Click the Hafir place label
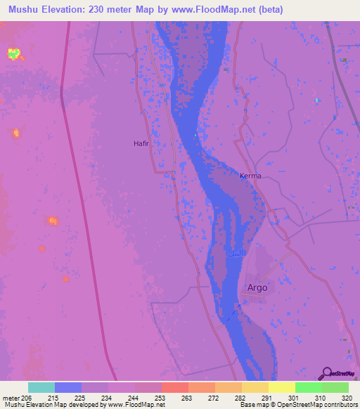coord(142,143)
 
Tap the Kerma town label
coord(250,176)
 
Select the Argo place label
coord(258,287)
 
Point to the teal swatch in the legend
coord(41,387)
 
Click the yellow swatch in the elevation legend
coord(282,387)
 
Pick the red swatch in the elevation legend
coord(175,387)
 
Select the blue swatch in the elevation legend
coord(68,387)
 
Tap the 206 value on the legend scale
coord(27,398)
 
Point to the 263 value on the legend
coord(186,398)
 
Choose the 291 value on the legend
coord(266,398)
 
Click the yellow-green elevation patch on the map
coord(13,52)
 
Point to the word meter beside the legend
coord(10,398)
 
